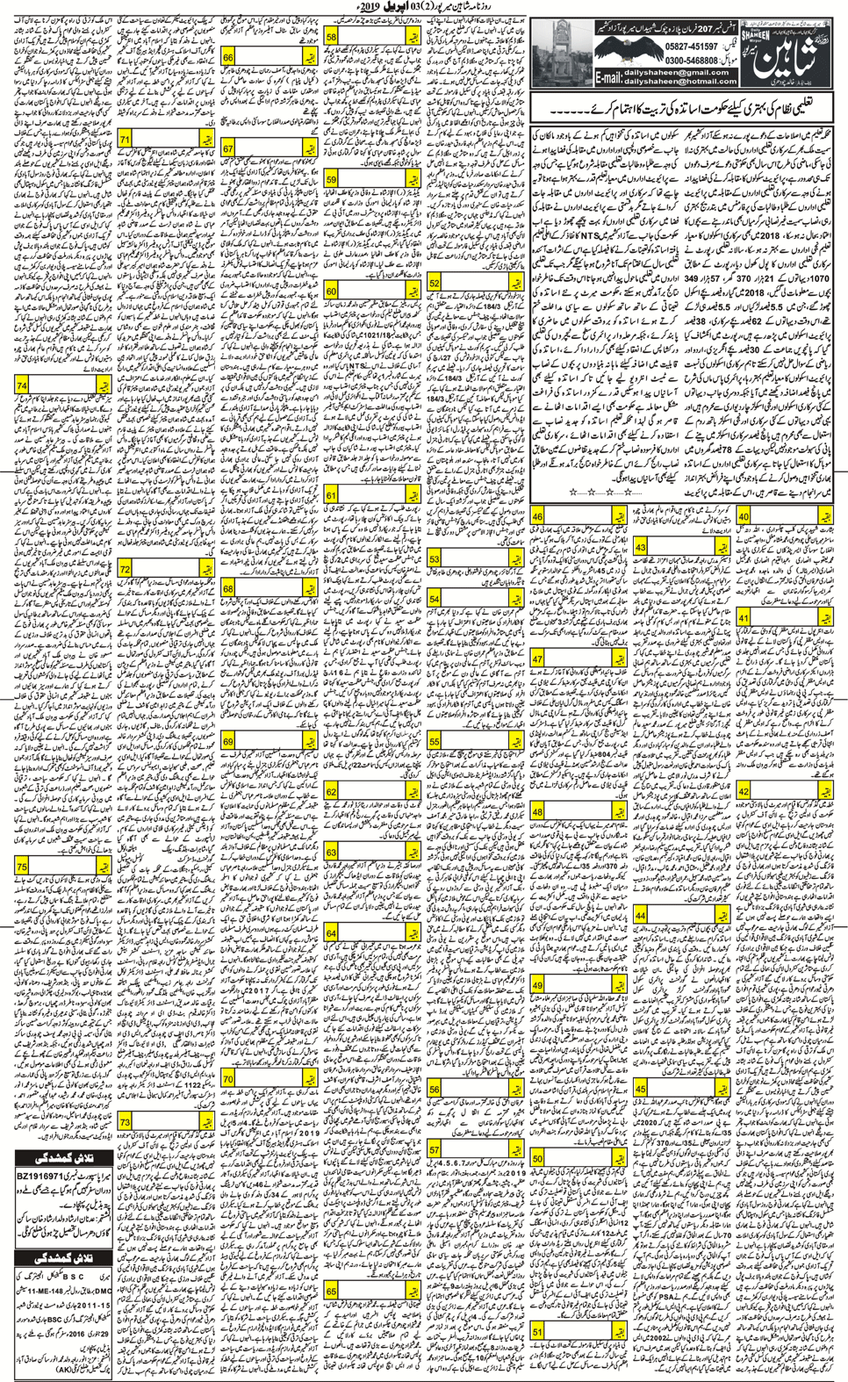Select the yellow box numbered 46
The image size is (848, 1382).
click(x=537, y=517)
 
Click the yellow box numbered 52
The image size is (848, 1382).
click(x=434, y=283)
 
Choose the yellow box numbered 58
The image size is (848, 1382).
click(x=332, y=37)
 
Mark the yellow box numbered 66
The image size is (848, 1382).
click(x=228, y=57)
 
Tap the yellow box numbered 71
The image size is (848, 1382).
click(x=126, y=140)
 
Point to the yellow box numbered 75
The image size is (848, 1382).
click(x=22, y=867)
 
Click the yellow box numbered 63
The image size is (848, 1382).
click(x=331, y=852)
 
